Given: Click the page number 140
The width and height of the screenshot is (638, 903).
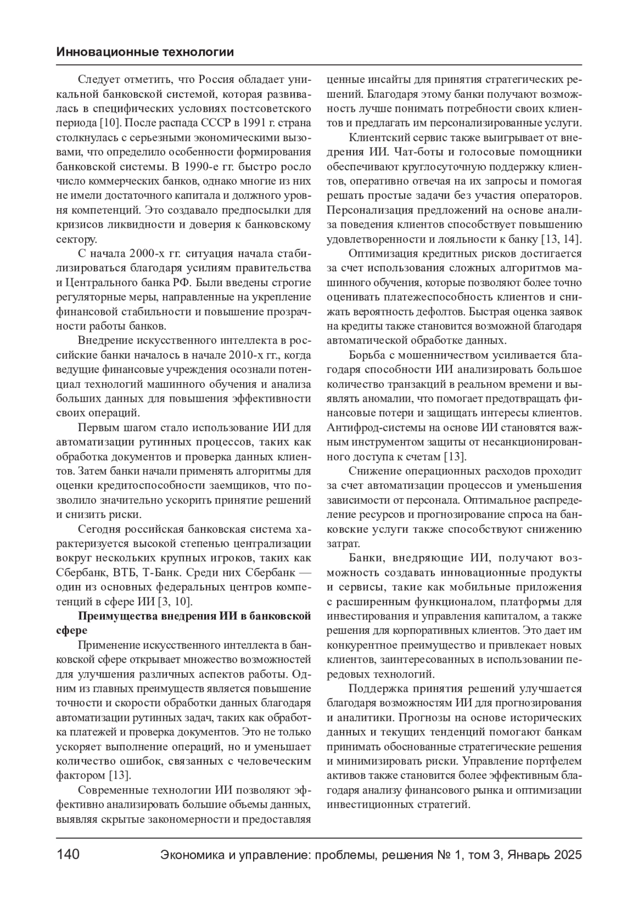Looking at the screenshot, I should coord(68,855).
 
